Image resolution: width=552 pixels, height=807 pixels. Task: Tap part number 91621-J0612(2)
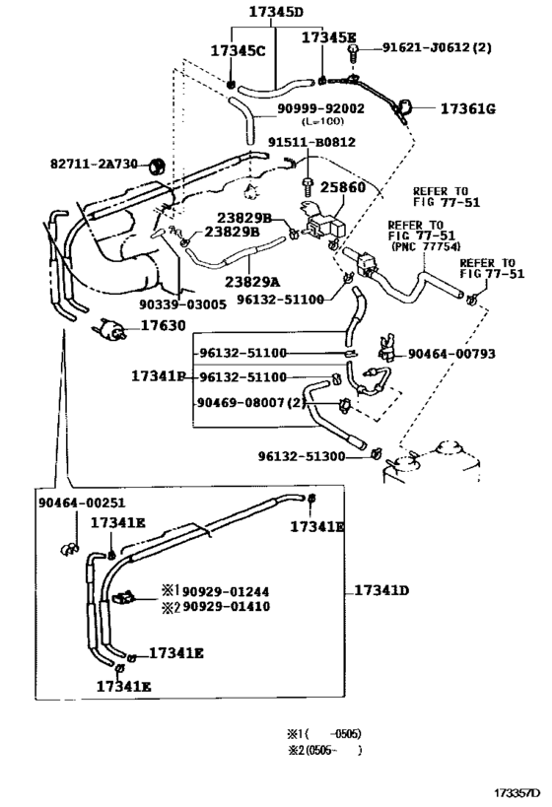(x=437, y=46)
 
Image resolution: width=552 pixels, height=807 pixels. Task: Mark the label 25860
(x=345, y=186)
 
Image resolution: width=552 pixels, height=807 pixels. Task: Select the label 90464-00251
(x=83, y=503)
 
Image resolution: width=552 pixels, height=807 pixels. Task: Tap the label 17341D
(x=374, y=590)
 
